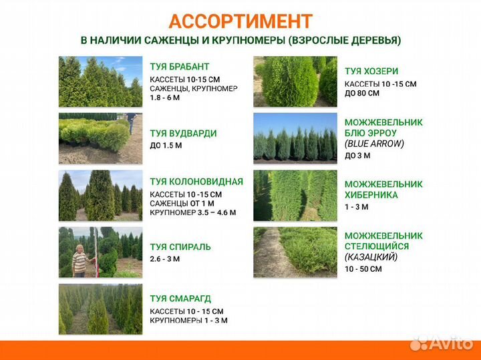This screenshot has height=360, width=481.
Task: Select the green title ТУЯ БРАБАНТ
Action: coord(180,67)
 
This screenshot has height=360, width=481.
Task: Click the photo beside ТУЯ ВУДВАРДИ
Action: coord(100,138)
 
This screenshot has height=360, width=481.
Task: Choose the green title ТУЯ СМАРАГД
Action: coord(180,299)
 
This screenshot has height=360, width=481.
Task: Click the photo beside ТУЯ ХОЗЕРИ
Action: coord(295,81)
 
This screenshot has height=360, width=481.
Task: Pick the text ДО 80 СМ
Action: coord(362,94)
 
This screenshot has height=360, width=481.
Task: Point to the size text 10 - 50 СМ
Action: coord(363,269)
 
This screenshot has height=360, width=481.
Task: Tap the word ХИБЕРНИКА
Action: coord(371,195)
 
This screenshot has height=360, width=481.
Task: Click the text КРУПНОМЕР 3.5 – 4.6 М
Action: coord(192,213)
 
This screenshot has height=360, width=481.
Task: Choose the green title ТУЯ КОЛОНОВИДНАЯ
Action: coord(196,181)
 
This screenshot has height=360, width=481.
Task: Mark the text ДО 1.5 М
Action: coord(166,145)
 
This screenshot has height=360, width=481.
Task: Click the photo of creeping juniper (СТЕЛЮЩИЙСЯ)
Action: coord(295,252)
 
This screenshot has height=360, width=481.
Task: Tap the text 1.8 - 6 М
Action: coord(165,98)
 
